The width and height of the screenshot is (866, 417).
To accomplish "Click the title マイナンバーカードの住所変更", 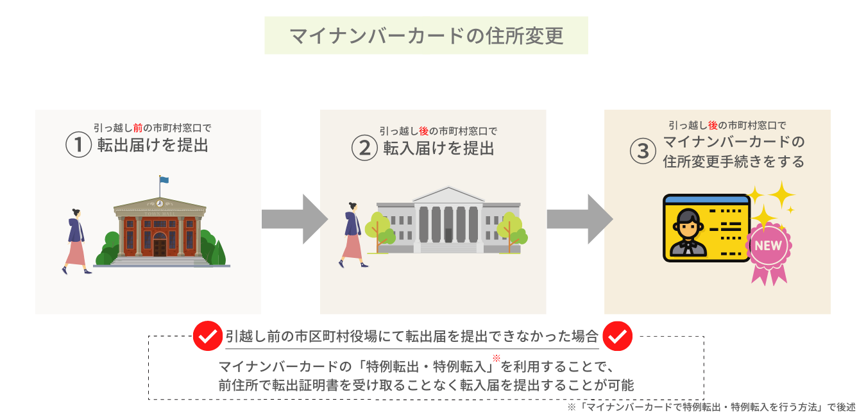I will pyautogui.click(x=426, y=35).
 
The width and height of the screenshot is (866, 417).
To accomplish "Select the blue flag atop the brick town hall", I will pyautogui.click(x=164, y=180).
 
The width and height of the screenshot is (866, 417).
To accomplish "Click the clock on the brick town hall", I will pyautogui.click(x=159, y=203).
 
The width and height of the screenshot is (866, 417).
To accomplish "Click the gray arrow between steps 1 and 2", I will pyautogui.click(x=293, y=219).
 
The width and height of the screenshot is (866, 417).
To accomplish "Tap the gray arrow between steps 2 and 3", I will pyautogui.click(x=578, y=219).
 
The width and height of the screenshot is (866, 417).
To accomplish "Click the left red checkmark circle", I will pyautogui.click(x=207, y=336).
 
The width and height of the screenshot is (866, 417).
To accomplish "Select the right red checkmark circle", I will pyautogui.click(x=618, y=336).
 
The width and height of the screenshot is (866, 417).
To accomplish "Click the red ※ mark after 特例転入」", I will pyautogui.click(x=496, y=359).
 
